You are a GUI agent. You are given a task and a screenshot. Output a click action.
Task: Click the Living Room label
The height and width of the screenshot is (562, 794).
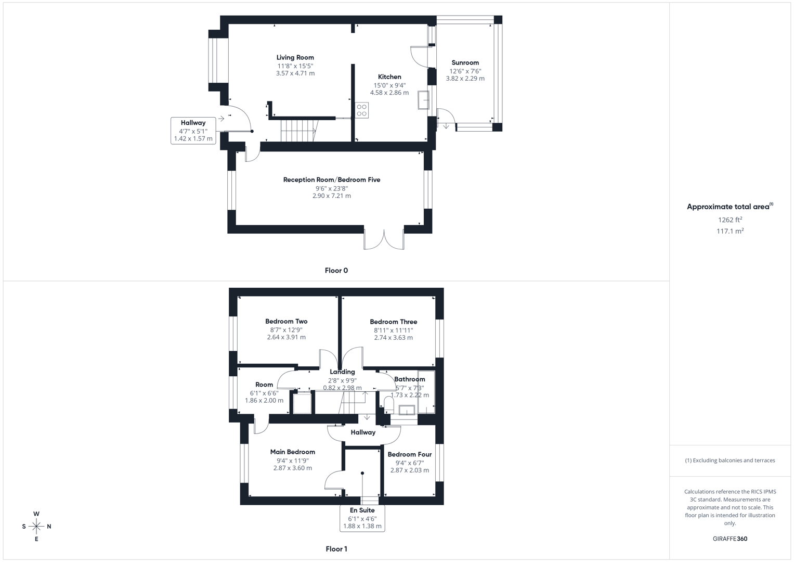click(x=295, y=58)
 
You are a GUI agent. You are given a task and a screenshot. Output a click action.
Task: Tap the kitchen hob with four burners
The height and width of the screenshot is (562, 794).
click(x=362, y=110)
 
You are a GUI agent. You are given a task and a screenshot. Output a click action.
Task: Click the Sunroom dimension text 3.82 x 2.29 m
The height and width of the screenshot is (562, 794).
click(x=465, y=79)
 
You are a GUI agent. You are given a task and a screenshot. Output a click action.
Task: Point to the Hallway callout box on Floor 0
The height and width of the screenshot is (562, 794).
click(x=193, y=131)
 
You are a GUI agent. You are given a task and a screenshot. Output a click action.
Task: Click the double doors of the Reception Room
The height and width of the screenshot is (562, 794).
click(x=384, y=239)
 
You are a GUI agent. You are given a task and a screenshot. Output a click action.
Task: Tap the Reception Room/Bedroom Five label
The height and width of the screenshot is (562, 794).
click(x=331, y=180)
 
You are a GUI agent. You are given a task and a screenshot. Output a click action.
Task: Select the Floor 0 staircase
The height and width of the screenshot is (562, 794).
click(x=298, y=130)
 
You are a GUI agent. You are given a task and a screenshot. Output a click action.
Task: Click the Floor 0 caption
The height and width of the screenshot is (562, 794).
click(x=336, y=271)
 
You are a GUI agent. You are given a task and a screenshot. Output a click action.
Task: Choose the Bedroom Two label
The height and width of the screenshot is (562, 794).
click(x=286, y=322)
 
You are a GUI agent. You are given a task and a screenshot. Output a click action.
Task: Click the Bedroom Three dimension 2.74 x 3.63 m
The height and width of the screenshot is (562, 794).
click(x=393, y=338)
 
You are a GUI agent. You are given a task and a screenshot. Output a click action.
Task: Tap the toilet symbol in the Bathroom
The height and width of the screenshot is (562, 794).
click(x=389, y=405)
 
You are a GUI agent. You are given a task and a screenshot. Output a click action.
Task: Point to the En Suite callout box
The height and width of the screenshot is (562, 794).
click(x=362, y=518)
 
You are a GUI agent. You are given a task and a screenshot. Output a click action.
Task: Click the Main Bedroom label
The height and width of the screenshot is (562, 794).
click(x=292, y=452)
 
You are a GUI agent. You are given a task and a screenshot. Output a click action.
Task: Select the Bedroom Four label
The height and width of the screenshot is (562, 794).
click(x=409, y=455)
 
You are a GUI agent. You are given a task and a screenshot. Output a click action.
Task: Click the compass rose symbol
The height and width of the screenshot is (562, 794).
click(x=36, y=527)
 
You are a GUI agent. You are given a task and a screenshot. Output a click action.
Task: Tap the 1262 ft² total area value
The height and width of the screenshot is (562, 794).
click(x=730, y=220)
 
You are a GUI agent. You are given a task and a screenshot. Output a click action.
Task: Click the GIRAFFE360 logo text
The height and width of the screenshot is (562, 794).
click(x=730, y=539)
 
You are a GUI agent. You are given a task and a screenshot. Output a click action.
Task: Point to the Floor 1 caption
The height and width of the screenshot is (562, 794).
click(x=336, y=549)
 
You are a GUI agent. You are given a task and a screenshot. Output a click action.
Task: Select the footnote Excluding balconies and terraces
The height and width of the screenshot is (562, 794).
click(x=730, y=461)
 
